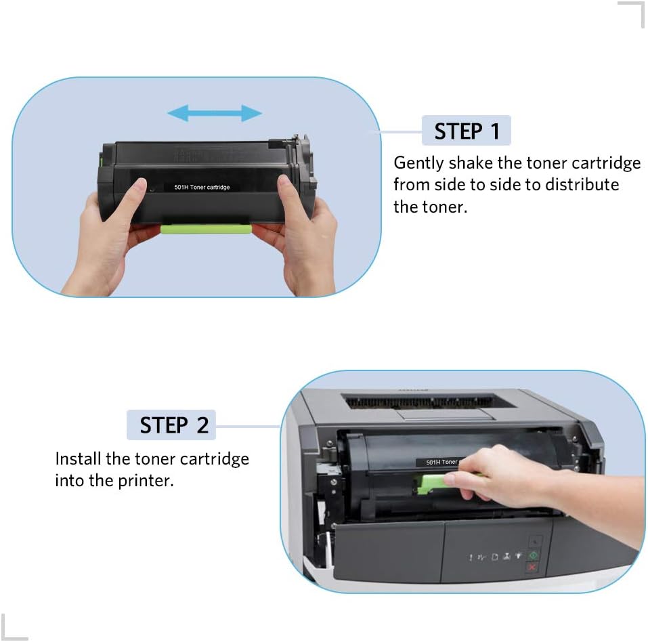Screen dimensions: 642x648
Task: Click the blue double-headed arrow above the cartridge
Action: [x=214, y=114]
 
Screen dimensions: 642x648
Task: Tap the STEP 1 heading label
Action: [x=466, y=131]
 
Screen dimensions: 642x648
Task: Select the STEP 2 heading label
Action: [x=173, y=425]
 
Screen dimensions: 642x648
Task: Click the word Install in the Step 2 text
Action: [x=78, y=458]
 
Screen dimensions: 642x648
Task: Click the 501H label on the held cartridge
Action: [x=201, y=187]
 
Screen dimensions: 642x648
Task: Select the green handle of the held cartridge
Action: [x=206, y=229]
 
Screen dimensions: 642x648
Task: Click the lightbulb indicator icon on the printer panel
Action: [x=519, y=557]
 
